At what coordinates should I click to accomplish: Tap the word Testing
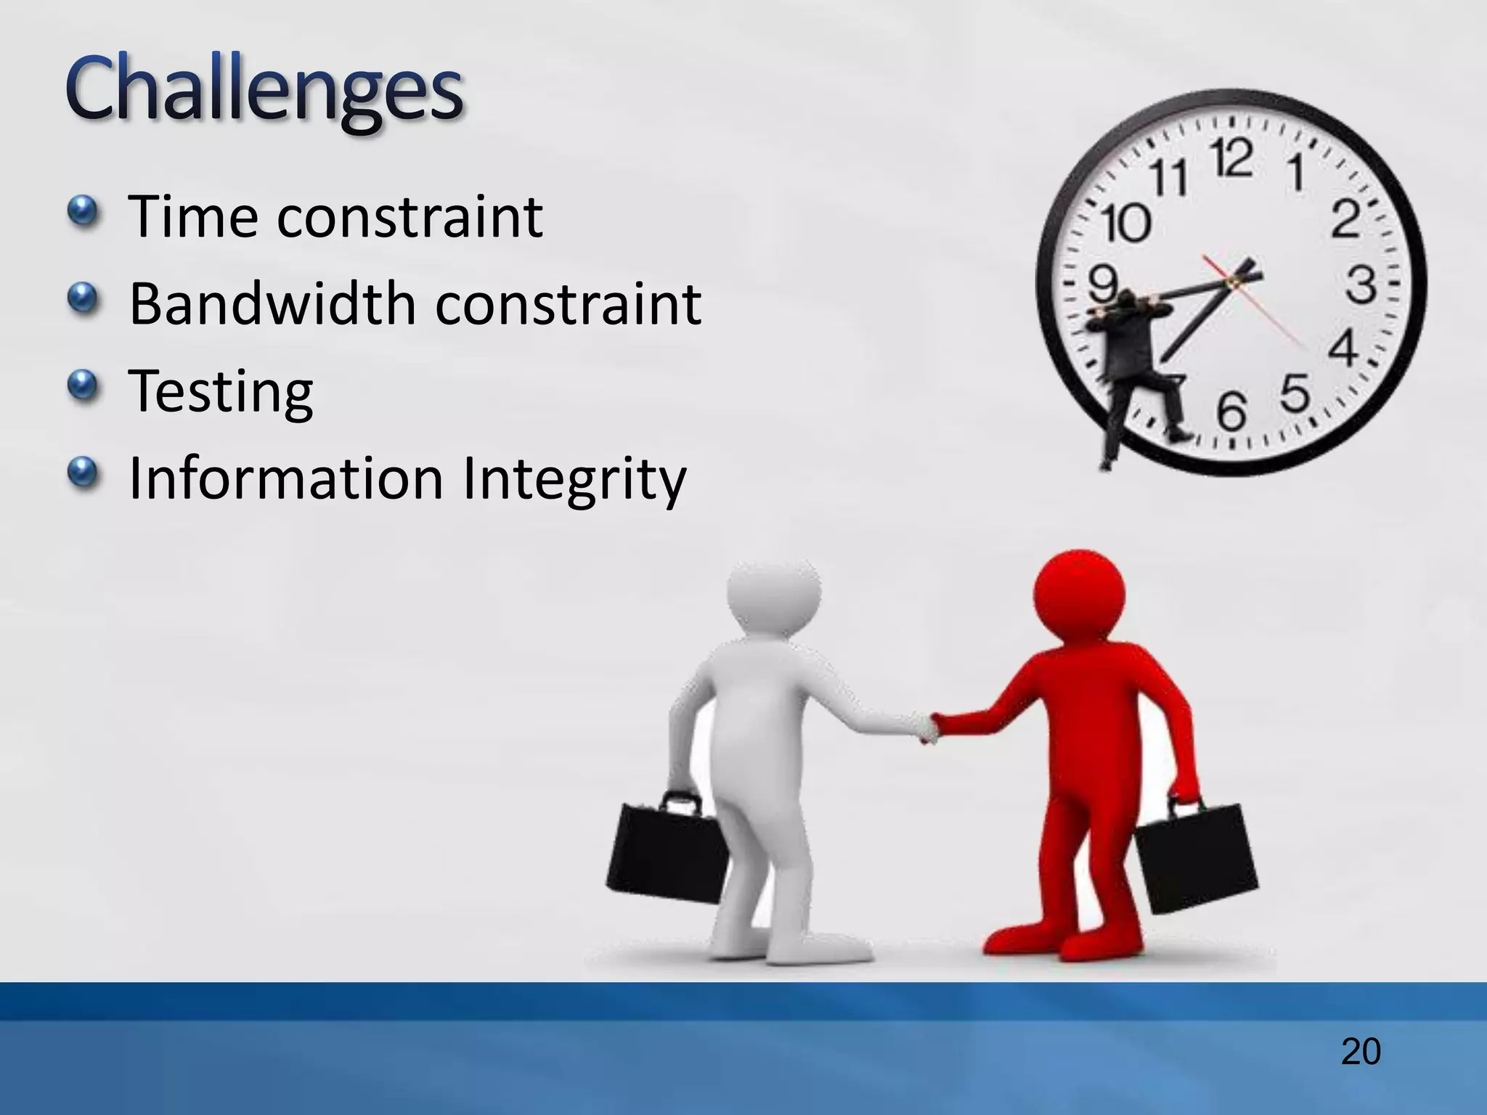(221, 392)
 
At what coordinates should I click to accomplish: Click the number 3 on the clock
(1361, 285)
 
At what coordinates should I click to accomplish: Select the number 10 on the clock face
(1126, 222)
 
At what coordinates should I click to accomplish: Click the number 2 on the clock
(1345, 219)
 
